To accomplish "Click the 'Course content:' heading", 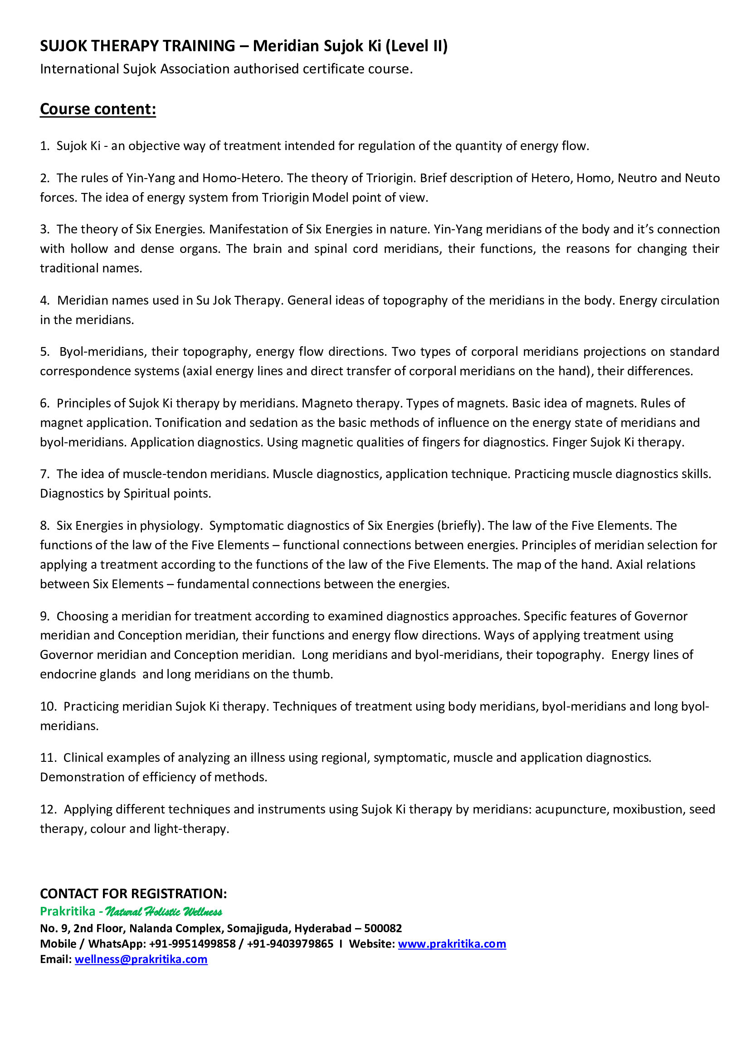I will point(98,109).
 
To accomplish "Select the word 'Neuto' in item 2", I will point(702,178).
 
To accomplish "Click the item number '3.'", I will point(45,229).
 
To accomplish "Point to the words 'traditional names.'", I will point(91,268).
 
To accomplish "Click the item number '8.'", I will point(45,526).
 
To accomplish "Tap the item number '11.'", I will point(48,758).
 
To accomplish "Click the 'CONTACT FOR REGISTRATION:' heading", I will point(133,894).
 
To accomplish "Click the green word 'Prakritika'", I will point(68,911).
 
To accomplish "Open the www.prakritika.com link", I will point(452,944).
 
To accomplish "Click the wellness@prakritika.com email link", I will point(141,959).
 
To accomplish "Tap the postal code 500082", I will point(383,929).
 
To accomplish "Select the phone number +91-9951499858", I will point(192,944).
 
